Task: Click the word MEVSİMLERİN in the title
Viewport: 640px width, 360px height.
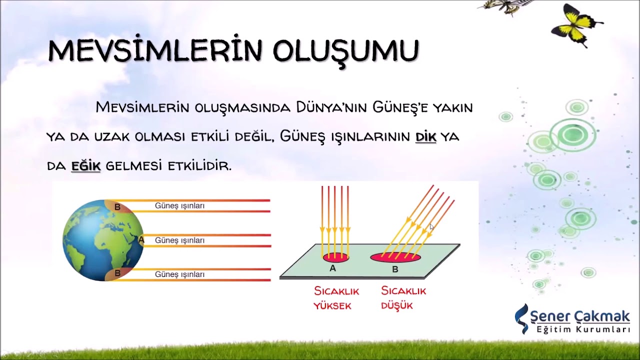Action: point(155,51)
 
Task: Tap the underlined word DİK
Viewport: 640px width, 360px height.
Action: point(425,137)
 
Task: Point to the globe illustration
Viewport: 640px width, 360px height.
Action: point(102,240)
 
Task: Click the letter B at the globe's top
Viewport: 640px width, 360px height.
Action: point(117,207)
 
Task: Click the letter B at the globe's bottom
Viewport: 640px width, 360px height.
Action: point(117,273)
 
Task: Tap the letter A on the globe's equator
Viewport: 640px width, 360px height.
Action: point(141,240)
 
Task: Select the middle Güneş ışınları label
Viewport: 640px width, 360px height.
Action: point(179,240)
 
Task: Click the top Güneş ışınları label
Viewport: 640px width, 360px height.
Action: point(179,206)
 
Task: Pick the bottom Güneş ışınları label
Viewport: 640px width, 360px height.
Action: point(179,274)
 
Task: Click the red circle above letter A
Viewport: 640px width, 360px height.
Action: point(335,258)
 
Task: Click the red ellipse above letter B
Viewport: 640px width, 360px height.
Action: point(395,257)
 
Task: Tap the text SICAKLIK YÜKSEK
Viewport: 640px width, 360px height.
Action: point(336,298)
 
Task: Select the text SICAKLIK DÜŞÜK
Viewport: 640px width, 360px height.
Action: point(403,298)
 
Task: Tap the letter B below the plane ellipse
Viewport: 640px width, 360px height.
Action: point(395,269)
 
